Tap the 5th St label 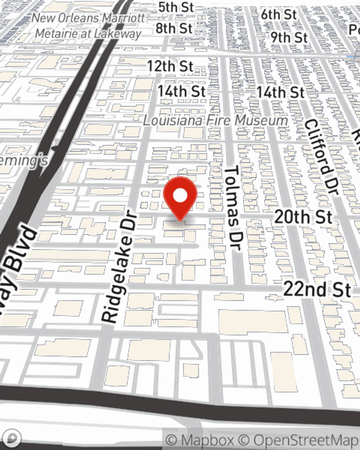(176, 7)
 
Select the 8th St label (174, 28)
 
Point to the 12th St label (170, 66)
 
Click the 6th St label (279, 14)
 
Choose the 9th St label (289, 37)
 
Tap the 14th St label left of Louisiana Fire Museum (181, 91)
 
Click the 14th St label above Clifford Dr (280, 92)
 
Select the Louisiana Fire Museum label (216, 120)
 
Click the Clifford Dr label (321, 157)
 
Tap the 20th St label (303, 217)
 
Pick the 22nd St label (317, 289)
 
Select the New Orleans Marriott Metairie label (88, 26)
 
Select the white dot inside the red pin (180, 195)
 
